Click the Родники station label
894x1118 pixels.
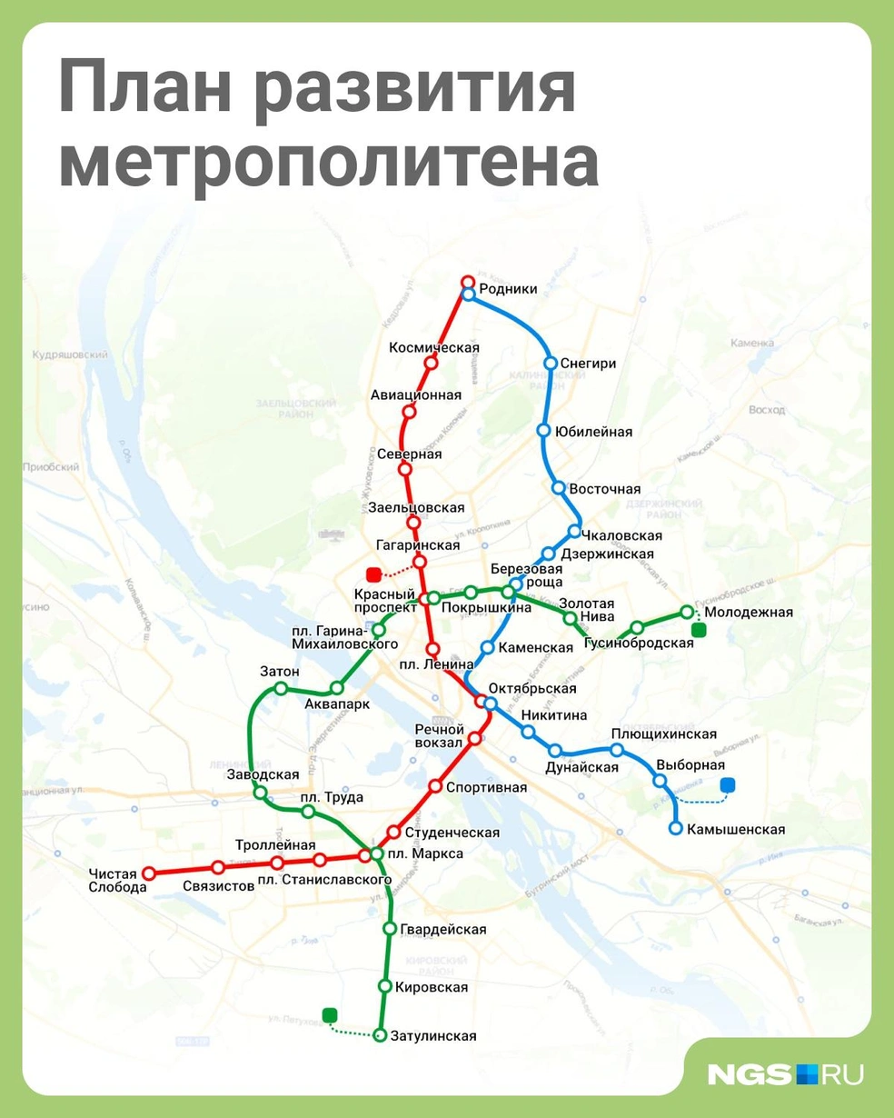pos(508,289)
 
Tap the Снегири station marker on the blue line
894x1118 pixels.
pos(551,363)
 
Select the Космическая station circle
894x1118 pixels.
pos(431,363)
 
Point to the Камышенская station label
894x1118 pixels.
pos(736,829)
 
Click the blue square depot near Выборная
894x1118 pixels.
pos(727,785)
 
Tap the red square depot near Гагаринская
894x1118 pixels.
pos(372,574)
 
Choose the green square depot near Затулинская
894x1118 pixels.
pos(330,1015)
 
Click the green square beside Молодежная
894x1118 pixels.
pos(698,630)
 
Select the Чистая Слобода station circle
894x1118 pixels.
pos(150,873)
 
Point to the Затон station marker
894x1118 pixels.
pos(281,688)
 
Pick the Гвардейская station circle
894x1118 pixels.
pos(390,929)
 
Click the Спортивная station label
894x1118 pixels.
pos(486,787)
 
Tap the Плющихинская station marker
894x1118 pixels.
pos(617,750)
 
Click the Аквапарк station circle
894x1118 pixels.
pos(337,688)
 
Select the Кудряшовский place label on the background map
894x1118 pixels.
pos(70,355)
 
